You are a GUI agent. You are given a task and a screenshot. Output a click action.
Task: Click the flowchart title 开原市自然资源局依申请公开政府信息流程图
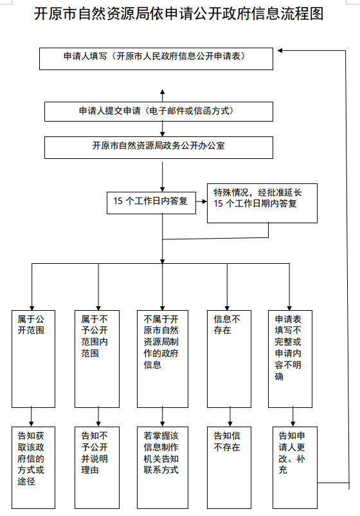(179, 14)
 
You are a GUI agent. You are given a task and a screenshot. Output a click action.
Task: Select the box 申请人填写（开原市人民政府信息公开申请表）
(156, 59)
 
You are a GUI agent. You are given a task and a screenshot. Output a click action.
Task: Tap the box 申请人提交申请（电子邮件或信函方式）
(159, 111)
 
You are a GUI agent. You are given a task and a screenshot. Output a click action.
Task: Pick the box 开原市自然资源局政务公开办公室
(159, 148)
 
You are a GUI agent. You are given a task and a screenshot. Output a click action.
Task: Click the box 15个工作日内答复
(151, 203)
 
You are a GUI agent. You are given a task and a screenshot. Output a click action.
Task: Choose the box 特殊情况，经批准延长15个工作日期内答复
(262, 203)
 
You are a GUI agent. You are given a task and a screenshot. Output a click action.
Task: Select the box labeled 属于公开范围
(33, 359)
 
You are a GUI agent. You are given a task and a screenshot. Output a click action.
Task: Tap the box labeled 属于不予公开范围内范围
(97, 359)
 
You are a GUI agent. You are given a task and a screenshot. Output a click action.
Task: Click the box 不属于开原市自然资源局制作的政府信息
(163, 359)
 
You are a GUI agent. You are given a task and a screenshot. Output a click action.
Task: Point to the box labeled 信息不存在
(229, 359)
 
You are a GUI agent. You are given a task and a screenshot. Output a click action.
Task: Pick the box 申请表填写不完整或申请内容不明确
(291, 359)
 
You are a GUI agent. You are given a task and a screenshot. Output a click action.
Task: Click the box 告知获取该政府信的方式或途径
(33, 468)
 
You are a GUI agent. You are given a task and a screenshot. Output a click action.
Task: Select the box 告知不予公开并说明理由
(97, 468)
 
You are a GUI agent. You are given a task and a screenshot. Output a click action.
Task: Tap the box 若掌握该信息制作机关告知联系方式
(163, 468)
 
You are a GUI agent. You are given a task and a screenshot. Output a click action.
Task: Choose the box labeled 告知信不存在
(229, 468)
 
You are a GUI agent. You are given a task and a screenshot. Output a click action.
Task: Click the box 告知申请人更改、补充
(295, 468)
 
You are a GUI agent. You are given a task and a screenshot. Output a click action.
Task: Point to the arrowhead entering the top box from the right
(280, 50)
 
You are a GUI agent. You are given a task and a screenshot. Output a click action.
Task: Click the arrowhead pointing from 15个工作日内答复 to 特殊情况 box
(204, 201)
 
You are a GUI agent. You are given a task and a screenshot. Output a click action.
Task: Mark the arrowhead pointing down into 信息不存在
(227, 308)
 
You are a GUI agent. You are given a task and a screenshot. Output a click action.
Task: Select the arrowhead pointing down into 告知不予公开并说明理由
(98, 424)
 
